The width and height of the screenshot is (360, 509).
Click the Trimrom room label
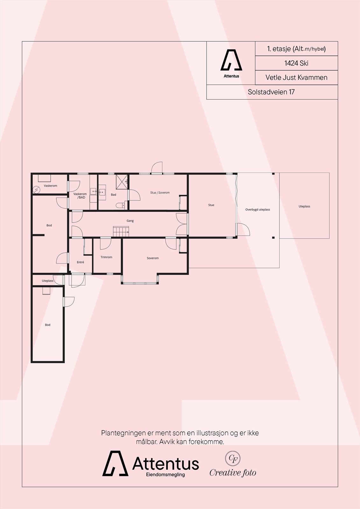[106, 257]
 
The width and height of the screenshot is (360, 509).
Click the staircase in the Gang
[121, 231]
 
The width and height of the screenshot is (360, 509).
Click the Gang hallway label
[130, 220]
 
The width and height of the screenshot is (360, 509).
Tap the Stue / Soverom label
[160, 192]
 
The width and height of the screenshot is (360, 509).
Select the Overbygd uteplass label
[258, 210]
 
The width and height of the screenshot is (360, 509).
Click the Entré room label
[81, 262]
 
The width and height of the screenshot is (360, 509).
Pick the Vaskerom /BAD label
[80, 196]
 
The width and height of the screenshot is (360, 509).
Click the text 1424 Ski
[296, 63]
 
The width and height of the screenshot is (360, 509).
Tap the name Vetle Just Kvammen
[296, 77]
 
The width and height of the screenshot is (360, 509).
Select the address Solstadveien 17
[271, 92]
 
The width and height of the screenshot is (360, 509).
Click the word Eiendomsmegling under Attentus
[165, 475]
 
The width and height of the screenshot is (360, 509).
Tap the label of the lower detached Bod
[47, 325]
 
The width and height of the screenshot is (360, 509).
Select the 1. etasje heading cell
[296, 49]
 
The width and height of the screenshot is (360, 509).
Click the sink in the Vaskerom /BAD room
[93, 192]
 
